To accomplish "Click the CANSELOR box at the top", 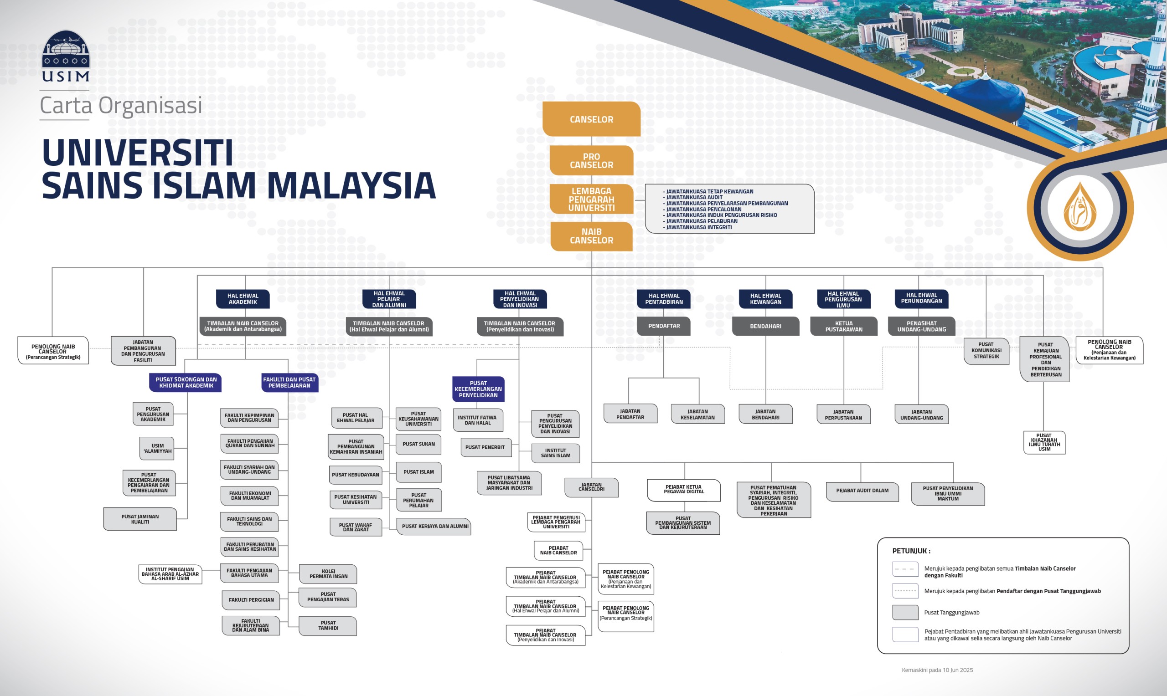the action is point(591,119).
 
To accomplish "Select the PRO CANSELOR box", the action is point(591,160).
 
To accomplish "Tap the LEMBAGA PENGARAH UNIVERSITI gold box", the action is point(591,200).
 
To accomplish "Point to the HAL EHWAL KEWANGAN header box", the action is point(765,299).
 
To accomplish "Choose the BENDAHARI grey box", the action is point(765,326).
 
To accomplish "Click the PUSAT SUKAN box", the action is point(418,444).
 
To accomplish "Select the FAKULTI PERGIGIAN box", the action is point(251,600).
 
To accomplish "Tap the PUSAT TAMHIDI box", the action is point(328,626).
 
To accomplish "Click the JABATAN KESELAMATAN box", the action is point(698,414).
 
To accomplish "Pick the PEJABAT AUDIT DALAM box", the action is point(862,491).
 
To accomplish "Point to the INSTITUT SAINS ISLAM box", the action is point(556,453).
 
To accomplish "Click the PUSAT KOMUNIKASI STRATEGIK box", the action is point(986,350).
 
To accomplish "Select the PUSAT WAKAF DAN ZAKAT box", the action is point(355,527).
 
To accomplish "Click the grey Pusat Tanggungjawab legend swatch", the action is point(905,613).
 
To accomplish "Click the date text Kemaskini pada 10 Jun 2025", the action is point(937,670).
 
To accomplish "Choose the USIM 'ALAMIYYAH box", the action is point(157,448).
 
